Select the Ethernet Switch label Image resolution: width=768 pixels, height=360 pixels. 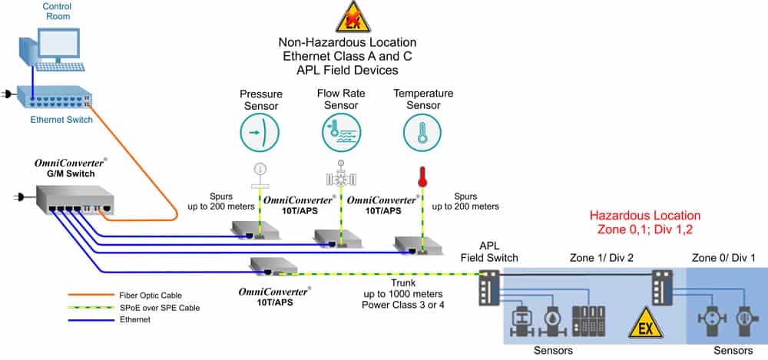(61, 120)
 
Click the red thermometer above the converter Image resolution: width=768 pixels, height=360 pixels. (422, 177)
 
